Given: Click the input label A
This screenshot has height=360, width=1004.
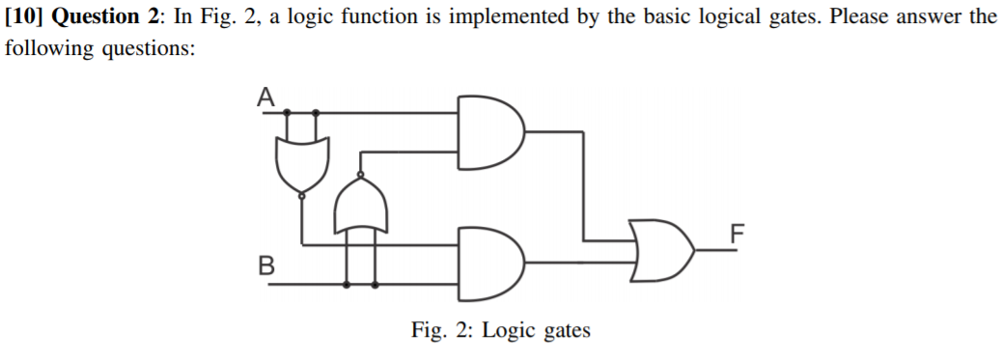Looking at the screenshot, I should pyautogui.click(x=265, y=96).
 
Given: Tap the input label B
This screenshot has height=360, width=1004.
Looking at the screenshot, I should pyautogui.click(x=265, y=263).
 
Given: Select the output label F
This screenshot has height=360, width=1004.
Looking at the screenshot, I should pyautogui.click(x=738, y=233).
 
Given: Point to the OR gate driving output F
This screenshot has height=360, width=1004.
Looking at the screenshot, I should pyautogui.click(x=660, y=249).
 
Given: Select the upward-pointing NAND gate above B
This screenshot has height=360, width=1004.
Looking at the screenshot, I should pyautogui.click(x=360, y=208).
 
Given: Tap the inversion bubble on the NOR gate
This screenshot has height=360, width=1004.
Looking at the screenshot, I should pyautogui.click(x=302, y=195).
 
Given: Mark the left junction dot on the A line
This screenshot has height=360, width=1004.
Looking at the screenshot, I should pyautogui.click(x=287, y=113).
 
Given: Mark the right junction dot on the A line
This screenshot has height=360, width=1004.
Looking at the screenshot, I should pyautogui.click(x=317, y=113).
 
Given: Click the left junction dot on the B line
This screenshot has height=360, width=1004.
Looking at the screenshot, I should pyautogui.click(x=347, y=285).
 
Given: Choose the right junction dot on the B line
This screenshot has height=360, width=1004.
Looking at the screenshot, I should pyautogui.click(x=376, y=285).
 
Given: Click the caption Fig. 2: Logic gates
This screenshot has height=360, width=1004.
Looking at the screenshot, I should pyautogui.click(x=500, y=331).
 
